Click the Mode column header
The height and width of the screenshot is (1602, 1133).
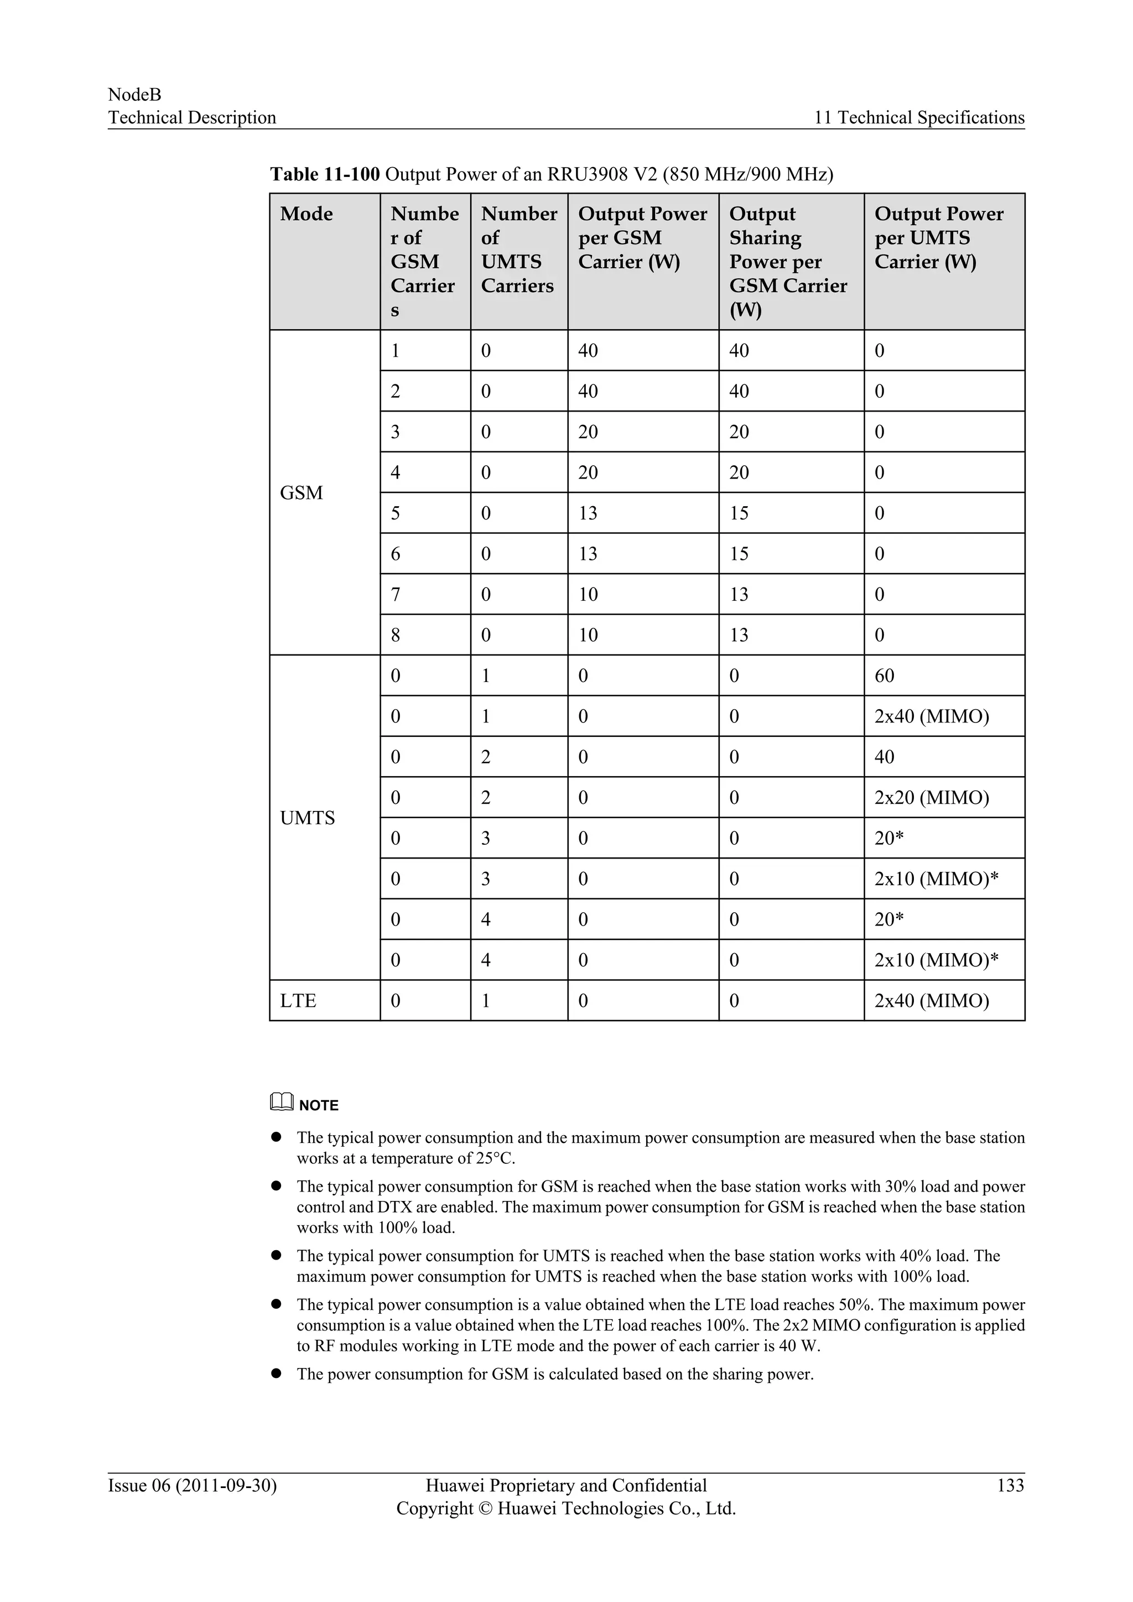(306, 214)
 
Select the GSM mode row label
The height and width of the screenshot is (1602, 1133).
(302, 492)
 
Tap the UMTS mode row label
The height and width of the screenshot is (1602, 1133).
(307, 818)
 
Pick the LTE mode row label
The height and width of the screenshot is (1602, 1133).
(298, 1001)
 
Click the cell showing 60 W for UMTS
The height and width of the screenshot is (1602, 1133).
(884, 675)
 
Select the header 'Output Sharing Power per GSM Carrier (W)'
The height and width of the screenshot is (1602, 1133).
(788, 262)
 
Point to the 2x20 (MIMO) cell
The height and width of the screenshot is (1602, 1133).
(932, 798)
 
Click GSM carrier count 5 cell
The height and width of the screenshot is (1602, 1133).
(396, 513)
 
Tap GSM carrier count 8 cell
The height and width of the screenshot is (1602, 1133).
(396, 635)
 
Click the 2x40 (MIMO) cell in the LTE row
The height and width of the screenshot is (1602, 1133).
(932, 1001)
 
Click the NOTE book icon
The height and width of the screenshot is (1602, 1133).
(281, 1102)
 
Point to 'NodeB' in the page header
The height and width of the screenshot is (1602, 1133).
(134, 95)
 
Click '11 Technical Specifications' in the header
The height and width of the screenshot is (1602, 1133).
(919, 117)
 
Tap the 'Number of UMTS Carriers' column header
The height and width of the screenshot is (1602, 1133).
(518, 250)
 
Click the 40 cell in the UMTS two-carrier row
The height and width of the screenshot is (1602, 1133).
(884, 757)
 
